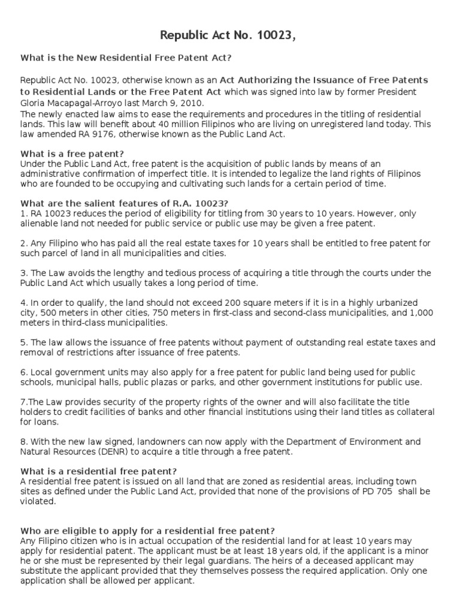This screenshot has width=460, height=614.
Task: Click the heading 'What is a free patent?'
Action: [x=72, y=153]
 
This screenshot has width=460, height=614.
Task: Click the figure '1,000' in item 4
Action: [x=418, y=312]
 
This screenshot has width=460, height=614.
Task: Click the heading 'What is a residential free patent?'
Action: [x=99, y=471]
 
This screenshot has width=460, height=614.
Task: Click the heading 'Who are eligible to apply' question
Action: [x=148, y=531]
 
